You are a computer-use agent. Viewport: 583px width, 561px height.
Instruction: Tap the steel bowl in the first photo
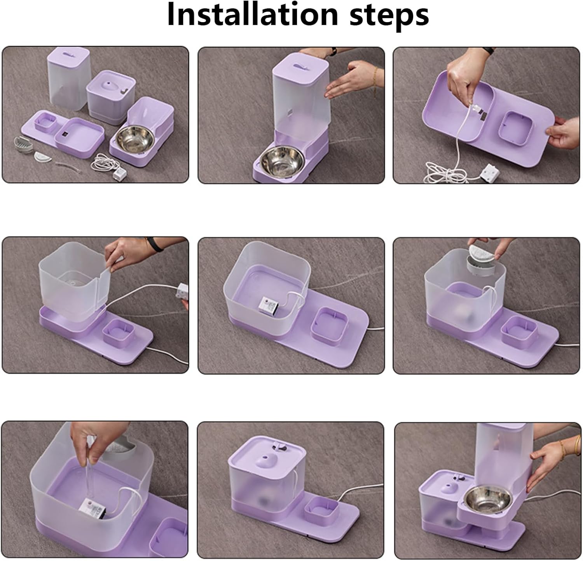click(135, 139)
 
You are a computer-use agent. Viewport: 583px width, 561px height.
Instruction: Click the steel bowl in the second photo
click(277, 159)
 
